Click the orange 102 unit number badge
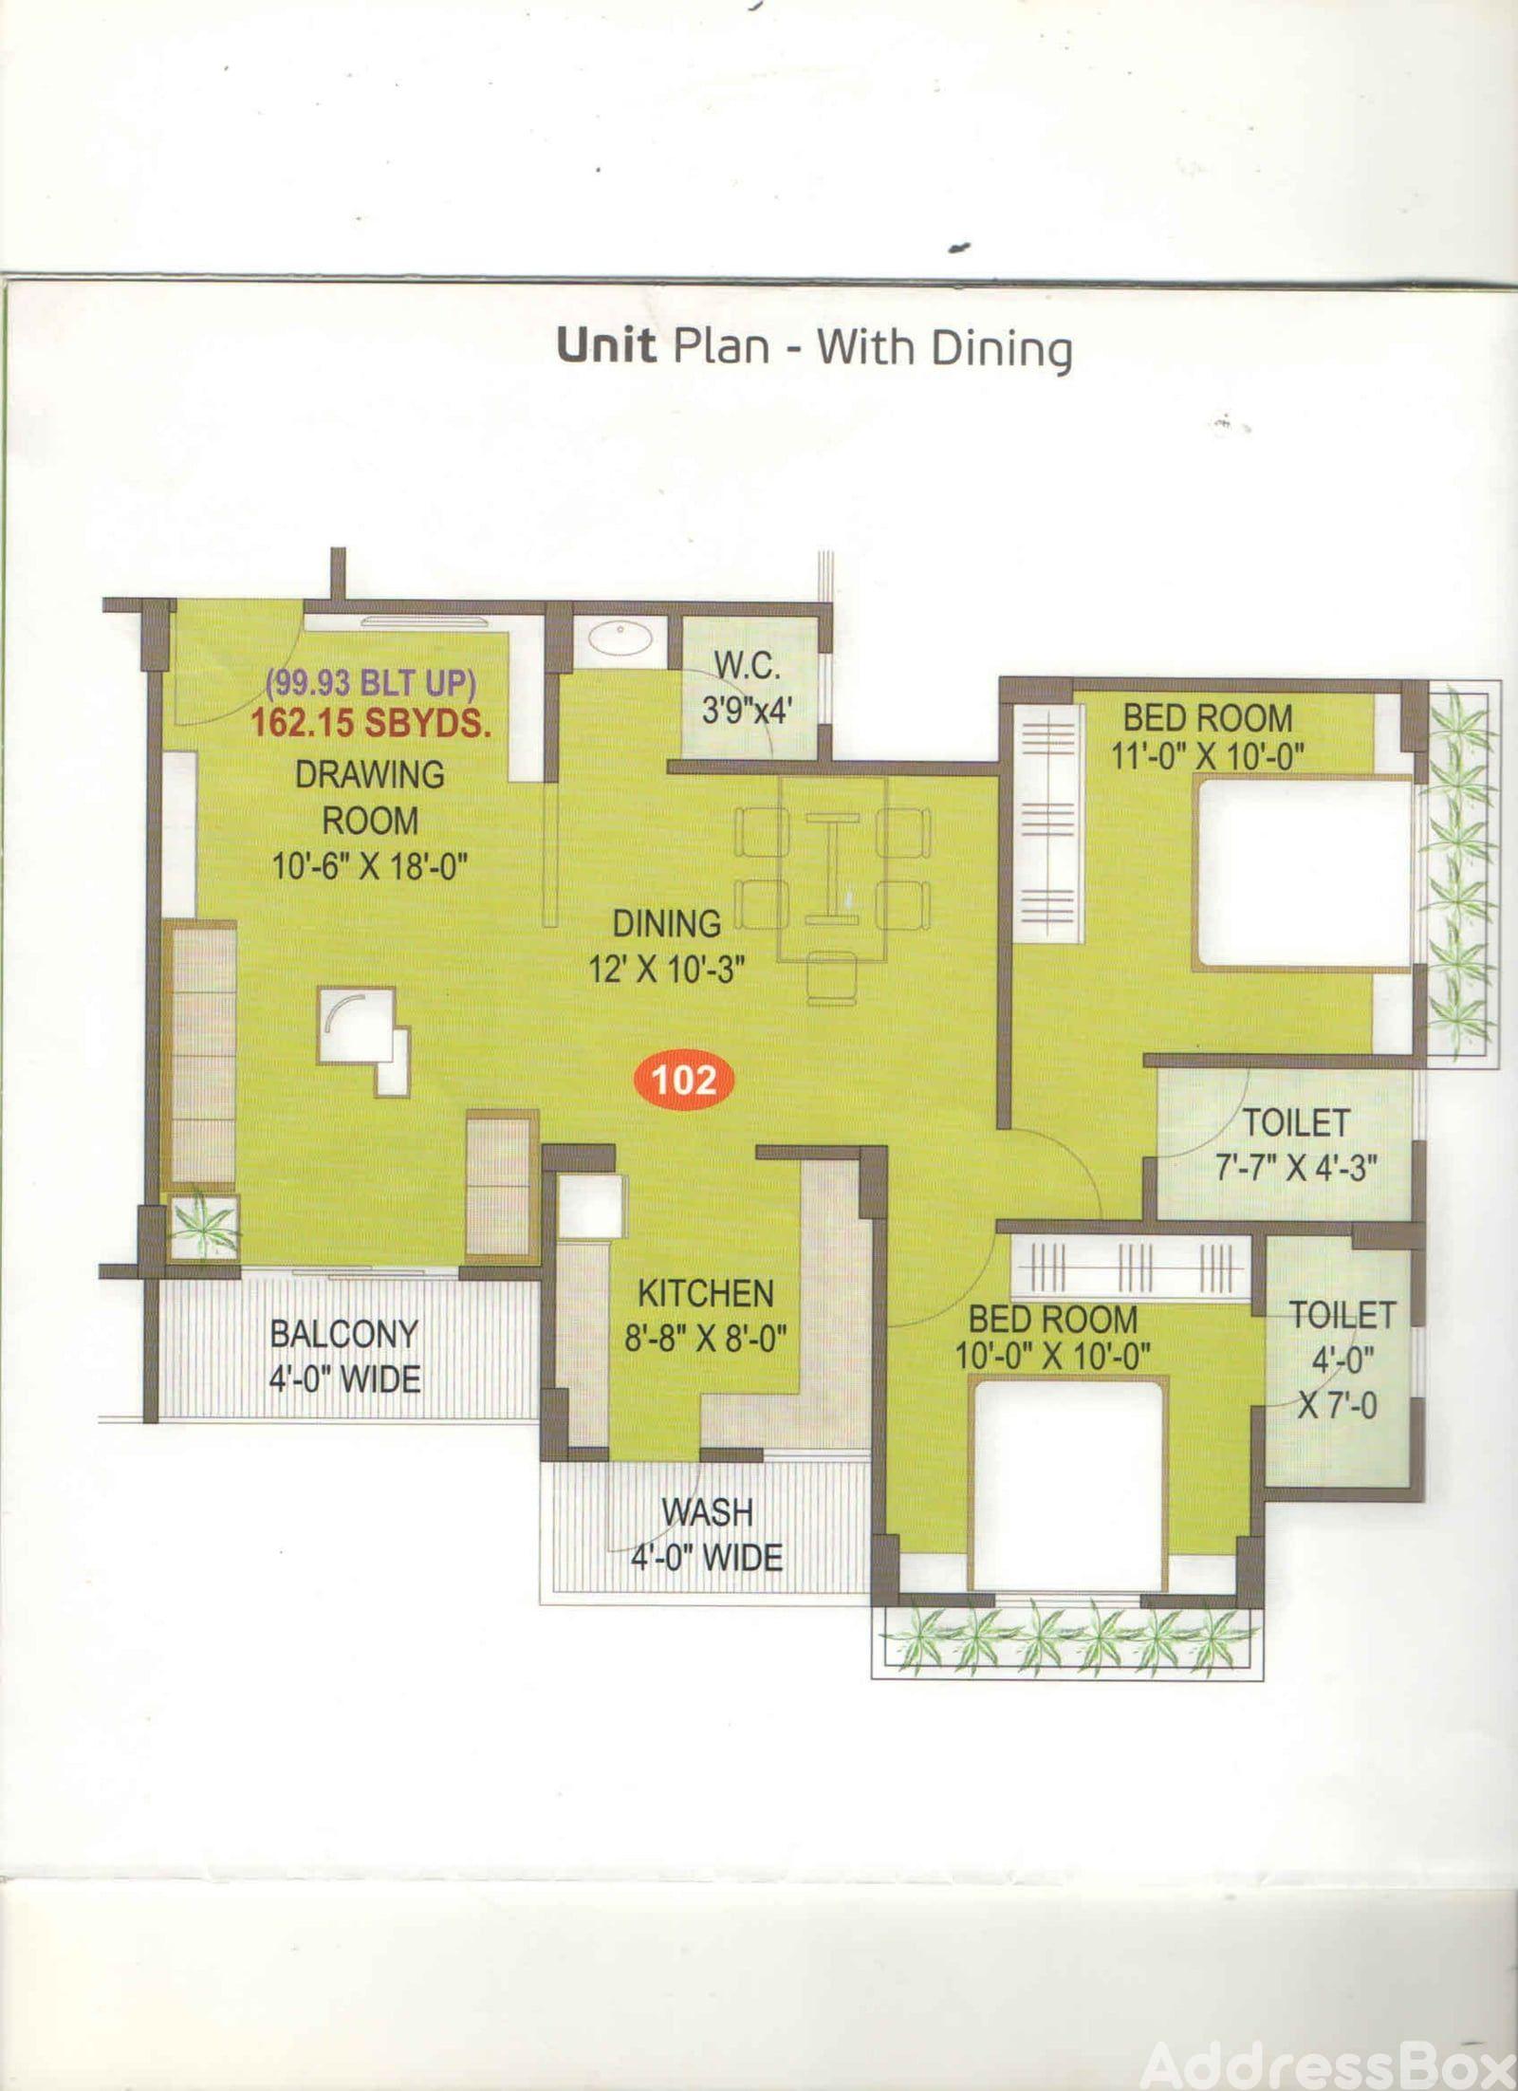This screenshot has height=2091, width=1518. (x=684, y=1080)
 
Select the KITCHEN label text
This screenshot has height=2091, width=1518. (x=705, y=1294)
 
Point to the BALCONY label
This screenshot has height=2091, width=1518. (x=343, y=1334)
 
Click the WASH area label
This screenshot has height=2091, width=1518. (x=707, y=1512)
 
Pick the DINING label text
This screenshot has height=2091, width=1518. (x=666, y=924)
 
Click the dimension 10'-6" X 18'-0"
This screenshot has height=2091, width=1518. (x=371, y=866)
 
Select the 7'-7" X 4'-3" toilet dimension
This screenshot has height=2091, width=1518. (x=1296, y=1168)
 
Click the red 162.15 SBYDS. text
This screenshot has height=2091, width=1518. (x=371, y=724)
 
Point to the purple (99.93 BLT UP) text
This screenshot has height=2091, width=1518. (x=371, y=683)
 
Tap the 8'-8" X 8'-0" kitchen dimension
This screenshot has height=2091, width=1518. (x=705, y=1339)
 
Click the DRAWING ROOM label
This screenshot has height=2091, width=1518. (x=370, y=797)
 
